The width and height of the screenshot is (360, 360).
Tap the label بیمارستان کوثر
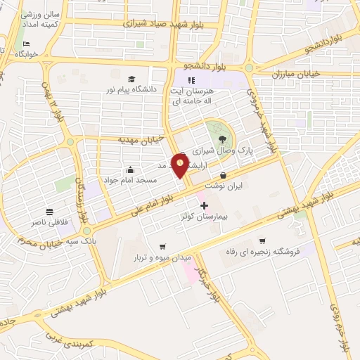coord(204,218)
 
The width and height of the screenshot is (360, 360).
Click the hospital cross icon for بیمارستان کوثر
coord(205,205)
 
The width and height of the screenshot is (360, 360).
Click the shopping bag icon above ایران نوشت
coord(224,176)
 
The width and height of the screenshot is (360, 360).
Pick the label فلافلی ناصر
coord(50,222)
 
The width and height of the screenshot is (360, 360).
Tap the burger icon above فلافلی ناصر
coord(50,212)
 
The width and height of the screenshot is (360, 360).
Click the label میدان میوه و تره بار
coord(163,259)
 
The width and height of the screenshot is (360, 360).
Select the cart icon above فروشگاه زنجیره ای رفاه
coord(262,240)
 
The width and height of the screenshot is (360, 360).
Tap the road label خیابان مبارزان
coord(296,73)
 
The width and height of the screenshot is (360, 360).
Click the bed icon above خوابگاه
coord(17,43)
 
